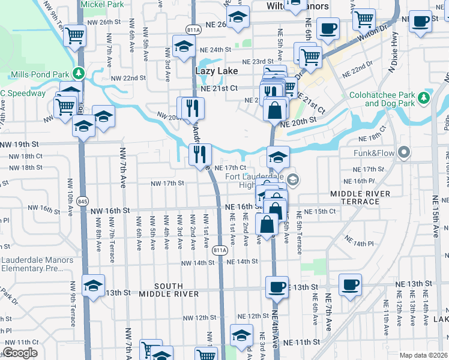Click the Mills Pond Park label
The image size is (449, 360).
click(x=40, y=74)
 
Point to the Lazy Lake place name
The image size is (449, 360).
click(x=217, y=71)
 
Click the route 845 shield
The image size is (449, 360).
click(x=82, y=202)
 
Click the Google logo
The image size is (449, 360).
click(x=20, y=353)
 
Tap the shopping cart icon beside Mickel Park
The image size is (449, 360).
click(x=74, y=36)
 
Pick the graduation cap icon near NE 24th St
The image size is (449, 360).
click(x=183, y=45)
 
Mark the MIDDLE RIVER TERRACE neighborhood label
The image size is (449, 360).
click(x=360, y=197)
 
